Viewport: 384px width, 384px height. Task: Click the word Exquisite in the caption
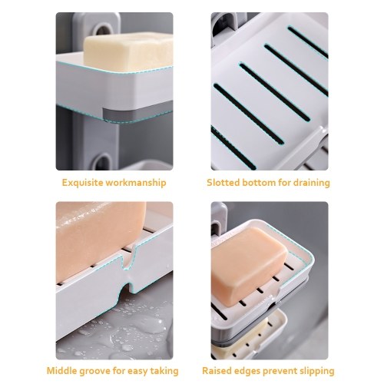coord(83,183)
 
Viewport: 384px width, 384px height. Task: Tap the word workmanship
coord(136,183)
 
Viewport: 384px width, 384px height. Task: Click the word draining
coord(312,183)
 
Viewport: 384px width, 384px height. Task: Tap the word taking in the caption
coord(164,371)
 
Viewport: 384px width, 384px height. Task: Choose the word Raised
coord(217,371)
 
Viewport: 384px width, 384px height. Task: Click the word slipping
coord(315,371)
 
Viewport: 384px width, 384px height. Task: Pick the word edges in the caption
coord(247,371)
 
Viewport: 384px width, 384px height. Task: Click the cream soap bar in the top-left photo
coord(129,51)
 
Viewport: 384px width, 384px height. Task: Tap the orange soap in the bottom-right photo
coord(248,266)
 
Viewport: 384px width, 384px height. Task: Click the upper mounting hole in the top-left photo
coord(104,29)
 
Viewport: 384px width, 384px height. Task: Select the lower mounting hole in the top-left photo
coord(103,161)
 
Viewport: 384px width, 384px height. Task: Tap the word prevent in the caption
coord(278,371)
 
